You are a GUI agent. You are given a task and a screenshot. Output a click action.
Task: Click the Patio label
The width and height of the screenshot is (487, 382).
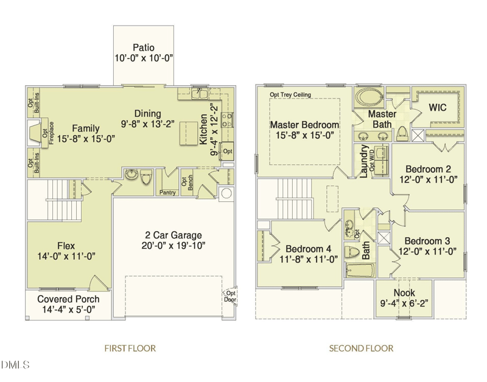tap(144, 47)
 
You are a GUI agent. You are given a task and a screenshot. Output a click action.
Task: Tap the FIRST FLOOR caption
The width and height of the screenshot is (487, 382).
tap(130, 348)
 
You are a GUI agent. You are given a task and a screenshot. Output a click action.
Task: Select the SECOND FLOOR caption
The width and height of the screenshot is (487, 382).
tap(361, 348)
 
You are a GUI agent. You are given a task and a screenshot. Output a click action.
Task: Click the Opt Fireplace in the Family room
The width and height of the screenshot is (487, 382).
tap(39, 133)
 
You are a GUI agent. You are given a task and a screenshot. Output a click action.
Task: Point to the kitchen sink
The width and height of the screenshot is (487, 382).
tap(200, 93)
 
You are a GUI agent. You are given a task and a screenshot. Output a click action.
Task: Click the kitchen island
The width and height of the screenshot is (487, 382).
tap(189, 133)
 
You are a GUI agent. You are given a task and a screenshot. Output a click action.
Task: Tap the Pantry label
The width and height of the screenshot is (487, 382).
tap(167, 193)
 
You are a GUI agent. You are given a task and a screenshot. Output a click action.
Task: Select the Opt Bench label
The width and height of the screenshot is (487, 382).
tap(187, 182)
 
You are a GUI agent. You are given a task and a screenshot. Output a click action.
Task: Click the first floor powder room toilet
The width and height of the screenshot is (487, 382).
tap(146, 176)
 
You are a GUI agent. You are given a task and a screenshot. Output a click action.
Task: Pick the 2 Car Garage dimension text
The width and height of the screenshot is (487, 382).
tap(173, 246)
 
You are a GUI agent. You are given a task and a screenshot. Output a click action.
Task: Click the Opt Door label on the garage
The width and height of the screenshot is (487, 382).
tap(231, 296)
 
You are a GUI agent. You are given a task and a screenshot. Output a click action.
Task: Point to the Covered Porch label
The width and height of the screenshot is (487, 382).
tap(68, 299)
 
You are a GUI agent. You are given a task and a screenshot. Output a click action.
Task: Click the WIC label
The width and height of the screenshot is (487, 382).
tap(438, 108)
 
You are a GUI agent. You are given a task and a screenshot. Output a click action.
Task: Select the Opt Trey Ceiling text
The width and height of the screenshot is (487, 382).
tap(290, 95)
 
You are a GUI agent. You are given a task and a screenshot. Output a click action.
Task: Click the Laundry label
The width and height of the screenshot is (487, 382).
tap(363, 161)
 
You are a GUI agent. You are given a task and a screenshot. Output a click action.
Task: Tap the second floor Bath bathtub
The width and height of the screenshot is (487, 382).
tap(360, 271)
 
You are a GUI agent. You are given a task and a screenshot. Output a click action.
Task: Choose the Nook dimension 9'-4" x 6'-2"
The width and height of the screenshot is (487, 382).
tap(404, 303)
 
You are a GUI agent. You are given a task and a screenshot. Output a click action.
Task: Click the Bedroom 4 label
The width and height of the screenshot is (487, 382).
tap(308, 249)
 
